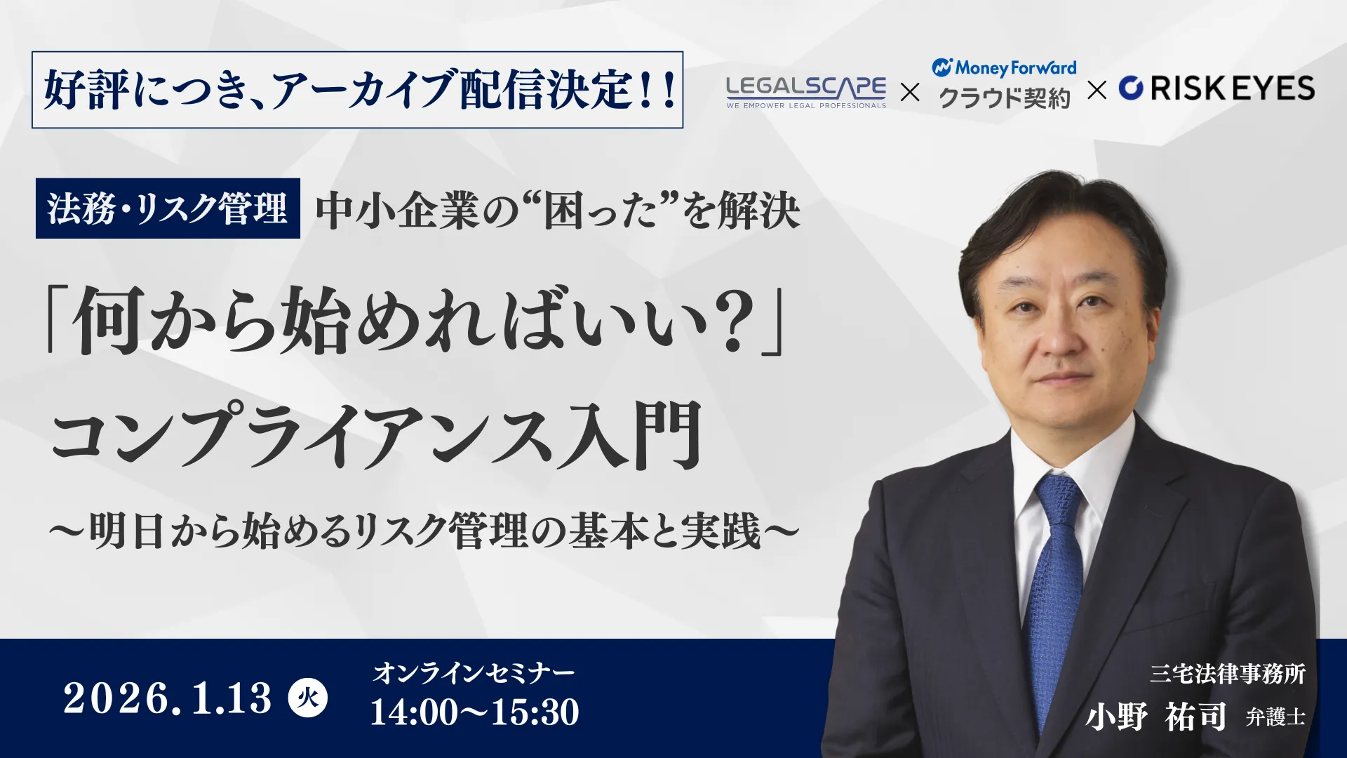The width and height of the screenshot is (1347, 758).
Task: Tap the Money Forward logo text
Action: (1014, 68)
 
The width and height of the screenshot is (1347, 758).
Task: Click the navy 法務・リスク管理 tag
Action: (168, 208)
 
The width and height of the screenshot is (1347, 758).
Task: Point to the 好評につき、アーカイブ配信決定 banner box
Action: (357, 90)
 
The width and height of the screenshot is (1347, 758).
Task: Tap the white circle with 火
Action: (308, 698)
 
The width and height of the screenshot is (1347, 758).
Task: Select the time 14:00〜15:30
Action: (474, 712)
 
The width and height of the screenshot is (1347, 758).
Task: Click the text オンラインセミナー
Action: (474, 673)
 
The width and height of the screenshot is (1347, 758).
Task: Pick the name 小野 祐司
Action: (1156, 717)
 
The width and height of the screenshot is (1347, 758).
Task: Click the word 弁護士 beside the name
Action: (1275, 717)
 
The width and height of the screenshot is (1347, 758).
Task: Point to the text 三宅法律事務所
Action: (1227, 674)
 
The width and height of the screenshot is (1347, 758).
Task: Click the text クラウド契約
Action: (1005, 98)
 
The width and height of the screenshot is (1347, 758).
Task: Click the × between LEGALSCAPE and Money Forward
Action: (910, 92)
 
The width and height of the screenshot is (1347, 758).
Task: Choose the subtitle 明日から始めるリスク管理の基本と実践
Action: (424, 531)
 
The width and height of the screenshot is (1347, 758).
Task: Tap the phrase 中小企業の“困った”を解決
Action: (558, 211)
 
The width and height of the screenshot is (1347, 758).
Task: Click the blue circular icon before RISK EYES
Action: (1131, 88)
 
